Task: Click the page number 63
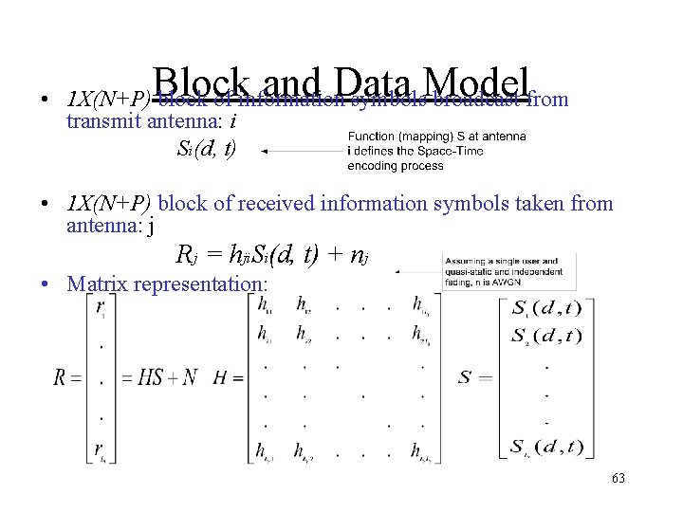[x=618, y=478]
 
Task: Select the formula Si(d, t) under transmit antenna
[x=206, y=148]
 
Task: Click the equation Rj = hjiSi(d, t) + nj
[x=272, y=253]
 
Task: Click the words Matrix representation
[x=167, y=283]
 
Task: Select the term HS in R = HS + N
[x=151, y=376]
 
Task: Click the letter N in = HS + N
[x=189, y=376]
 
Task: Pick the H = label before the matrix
[x=229, y=376]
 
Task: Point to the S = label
[x=475, y=376]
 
